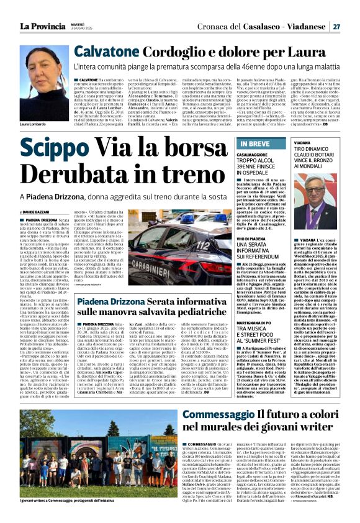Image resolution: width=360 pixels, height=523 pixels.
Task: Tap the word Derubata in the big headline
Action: coord(84,173)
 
